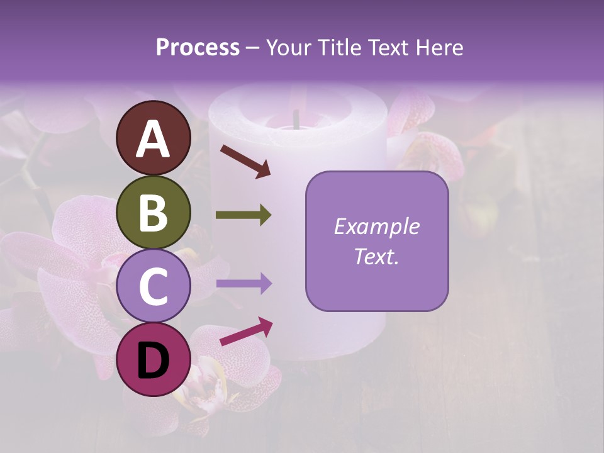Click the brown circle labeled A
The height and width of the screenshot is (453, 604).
(154, 138)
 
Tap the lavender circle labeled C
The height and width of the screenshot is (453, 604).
(154, 286)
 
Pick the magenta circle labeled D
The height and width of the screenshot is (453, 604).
(154, 360)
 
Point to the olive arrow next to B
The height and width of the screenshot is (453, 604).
(243, 215)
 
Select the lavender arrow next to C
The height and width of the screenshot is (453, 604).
(243, 284)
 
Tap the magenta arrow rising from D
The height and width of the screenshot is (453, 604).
(246, 331)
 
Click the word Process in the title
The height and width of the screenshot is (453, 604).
(198, 48)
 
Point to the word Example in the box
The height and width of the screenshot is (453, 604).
(376, 226)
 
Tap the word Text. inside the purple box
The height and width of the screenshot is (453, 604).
(376, 256)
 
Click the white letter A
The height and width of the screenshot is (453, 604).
(154, 139)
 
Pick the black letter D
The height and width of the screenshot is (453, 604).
(154, 361)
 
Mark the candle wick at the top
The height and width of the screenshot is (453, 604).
(294, 117)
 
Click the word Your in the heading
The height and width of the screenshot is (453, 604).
(289, 48)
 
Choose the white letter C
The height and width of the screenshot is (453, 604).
(154, 287)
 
